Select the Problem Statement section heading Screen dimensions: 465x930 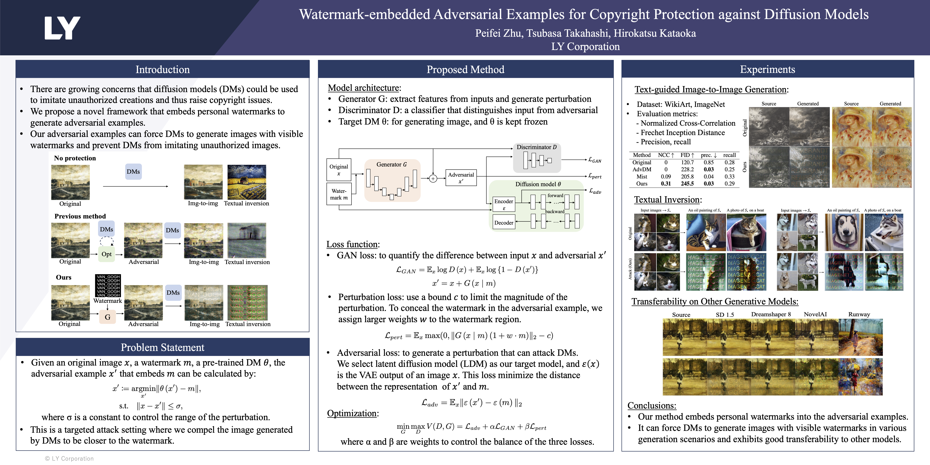tap(162, 347)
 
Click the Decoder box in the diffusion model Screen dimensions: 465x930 tap(504, 223)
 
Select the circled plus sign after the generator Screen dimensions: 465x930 tap(433, 178)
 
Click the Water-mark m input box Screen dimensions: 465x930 tap(339, 194)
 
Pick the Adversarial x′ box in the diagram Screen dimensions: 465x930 tap(461, 178)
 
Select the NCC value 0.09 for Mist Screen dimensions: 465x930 tap(666, 177)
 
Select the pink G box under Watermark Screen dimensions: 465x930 tap(108, 317)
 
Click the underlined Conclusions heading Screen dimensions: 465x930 tap(652, 405)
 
